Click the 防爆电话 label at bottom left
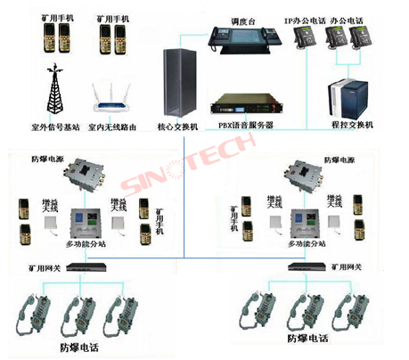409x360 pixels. pyautogui.click(x=82, y=347)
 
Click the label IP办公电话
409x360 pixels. pyautogui.click(x=303, y=19)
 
